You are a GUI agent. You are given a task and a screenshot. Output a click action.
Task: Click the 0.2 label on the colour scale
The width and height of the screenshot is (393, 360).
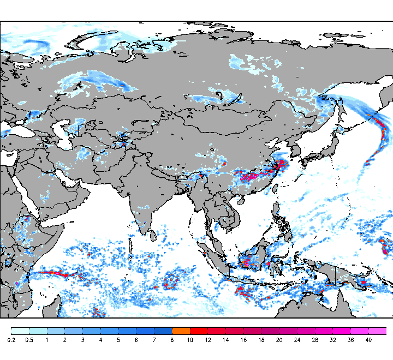pyautogui.click(x=11, y=340)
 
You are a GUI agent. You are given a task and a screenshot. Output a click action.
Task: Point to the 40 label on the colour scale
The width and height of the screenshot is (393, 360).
pyautogui.click(x=368, y=340)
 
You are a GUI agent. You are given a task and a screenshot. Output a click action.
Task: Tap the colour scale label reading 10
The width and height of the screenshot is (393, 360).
pyautogui.click(x=190, y=340)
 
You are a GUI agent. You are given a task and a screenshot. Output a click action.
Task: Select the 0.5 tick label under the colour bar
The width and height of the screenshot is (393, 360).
pyautogui.click(x=29, y=340)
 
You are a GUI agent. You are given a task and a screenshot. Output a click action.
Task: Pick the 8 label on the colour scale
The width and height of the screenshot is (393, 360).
pyautogui.click(x=172, y=340)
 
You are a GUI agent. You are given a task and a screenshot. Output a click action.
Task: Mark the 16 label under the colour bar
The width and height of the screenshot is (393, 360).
pyautogui.click(x=243, y=340)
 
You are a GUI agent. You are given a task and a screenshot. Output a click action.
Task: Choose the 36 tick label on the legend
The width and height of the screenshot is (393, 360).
pyautogui.click(x=350, y=340)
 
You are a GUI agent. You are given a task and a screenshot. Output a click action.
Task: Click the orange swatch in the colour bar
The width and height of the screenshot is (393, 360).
pyautogui.click(x=181, y=331)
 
